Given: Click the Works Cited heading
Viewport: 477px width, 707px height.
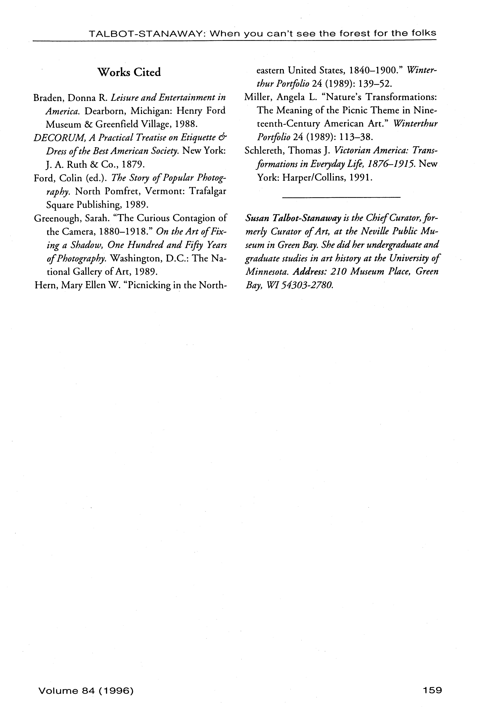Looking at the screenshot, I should tap(129, 72).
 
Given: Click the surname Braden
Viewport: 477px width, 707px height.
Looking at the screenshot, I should tap(49, 98).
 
